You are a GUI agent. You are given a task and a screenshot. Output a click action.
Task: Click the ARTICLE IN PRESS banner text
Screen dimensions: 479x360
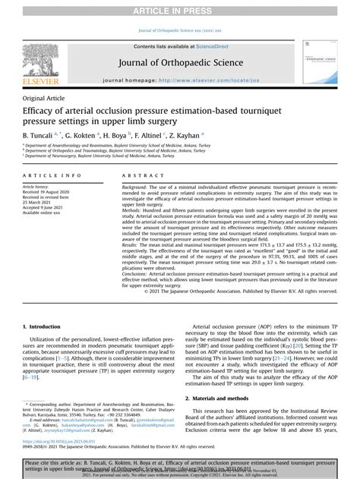point(180,8)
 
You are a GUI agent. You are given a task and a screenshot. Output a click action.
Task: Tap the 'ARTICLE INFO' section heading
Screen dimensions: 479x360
point(48,176)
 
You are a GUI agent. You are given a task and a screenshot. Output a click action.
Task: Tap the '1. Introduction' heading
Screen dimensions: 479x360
point(46,326)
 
